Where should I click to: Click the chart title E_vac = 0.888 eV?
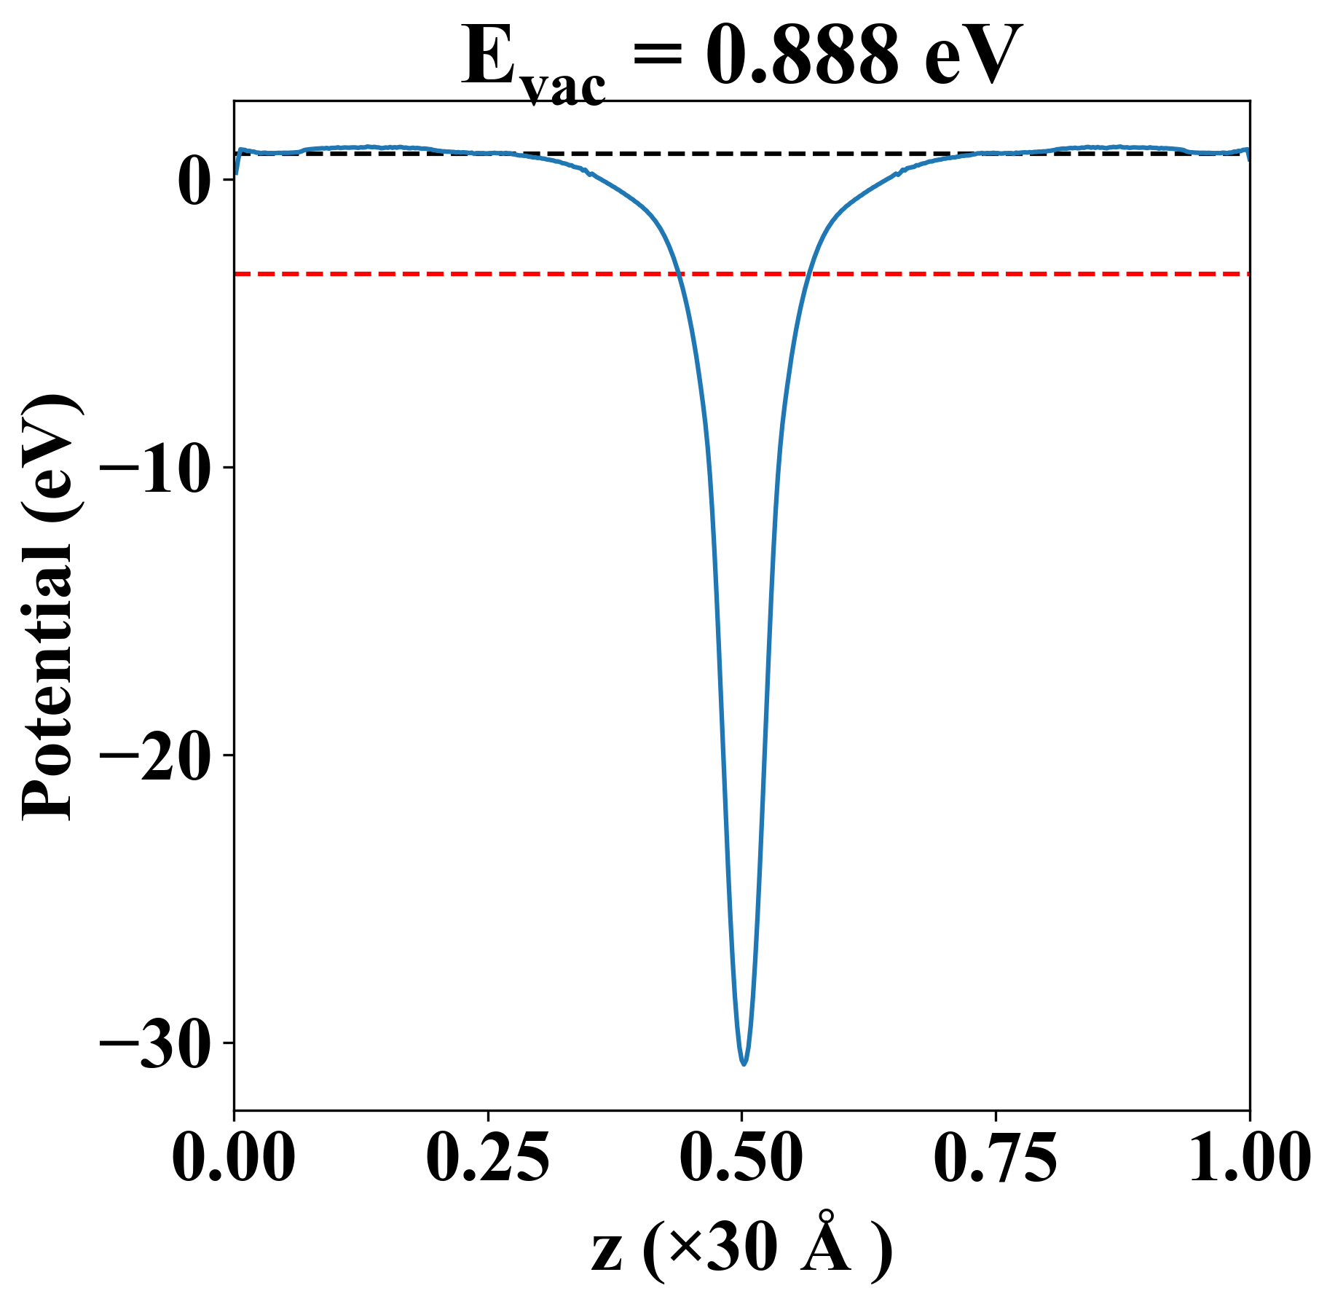tap(741, 58)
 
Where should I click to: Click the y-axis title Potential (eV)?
tap(50, 608)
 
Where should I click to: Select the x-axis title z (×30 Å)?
tap(741, 1253)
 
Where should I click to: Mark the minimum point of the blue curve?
tap(744, 1064)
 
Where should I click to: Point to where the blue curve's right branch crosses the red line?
tap(808, 274)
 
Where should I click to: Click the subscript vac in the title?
tap(565, 89)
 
